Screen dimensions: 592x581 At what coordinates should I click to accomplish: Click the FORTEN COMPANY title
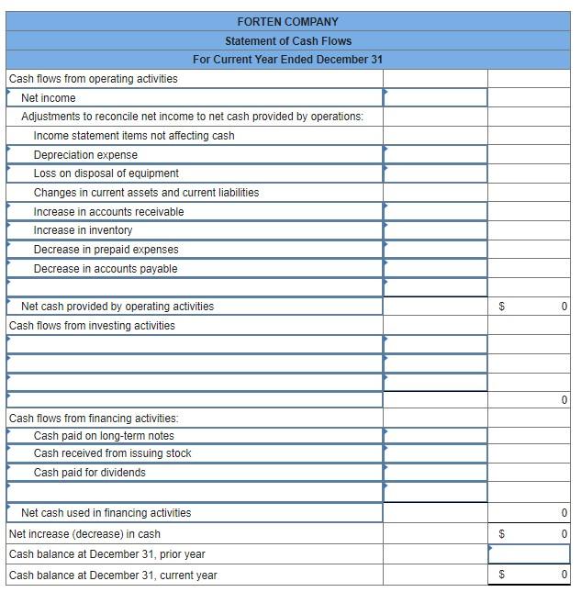(287, 21)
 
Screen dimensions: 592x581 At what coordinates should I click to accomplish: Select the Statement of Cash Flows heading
(287, 40)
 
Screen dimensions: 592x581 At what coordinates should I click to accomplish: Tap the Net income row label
(49, 98)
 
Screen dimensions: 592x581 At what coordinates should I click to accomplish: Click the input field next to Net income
(435, 98)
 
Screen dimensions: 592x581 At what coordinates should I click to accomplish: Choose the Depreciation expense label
(85, 155)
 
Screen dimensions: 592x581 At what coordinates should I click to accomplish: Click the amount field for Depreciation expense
(435, 155)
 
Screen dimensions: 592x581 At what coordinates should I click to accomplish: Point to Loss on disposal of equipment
(106, 173)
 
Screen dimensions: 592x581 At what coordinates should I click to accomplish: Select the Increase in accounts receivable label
(108, 212)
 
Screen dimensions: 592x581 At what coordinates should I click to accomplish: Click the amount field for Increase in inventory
(435, 230)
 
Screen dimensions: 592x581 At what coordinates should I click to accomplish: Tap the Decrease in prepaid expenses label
(106, 250)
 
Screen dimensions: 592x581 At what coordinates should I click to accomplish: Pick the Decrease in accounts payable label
(106, 269)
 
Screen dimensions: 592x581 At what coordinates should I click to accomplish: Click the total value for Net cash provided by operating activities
(563, 307)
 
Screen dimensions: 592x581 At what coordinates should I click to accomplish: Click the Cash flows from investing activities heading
(92, 326)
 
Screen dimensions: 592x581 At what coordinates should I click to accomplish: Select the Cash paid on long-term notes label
(104, 436)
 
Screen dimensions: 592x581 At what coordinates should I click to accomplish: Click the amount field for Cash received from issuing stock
(435, 453)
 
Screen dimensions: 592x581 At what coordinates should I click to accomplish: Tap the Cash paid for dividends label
(89, 473)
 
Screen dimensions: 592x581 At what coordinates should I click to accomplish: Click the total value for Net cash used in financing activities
(563, 513)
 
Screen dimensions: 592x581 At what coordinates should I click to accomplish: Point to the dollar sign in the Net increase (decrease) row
(501, 534)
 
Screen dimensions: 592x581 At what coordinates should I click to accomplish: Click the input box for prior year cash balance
(529, 554)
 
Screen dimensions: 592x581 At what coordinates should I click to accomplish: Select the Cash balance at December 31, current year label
(113, 575)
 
